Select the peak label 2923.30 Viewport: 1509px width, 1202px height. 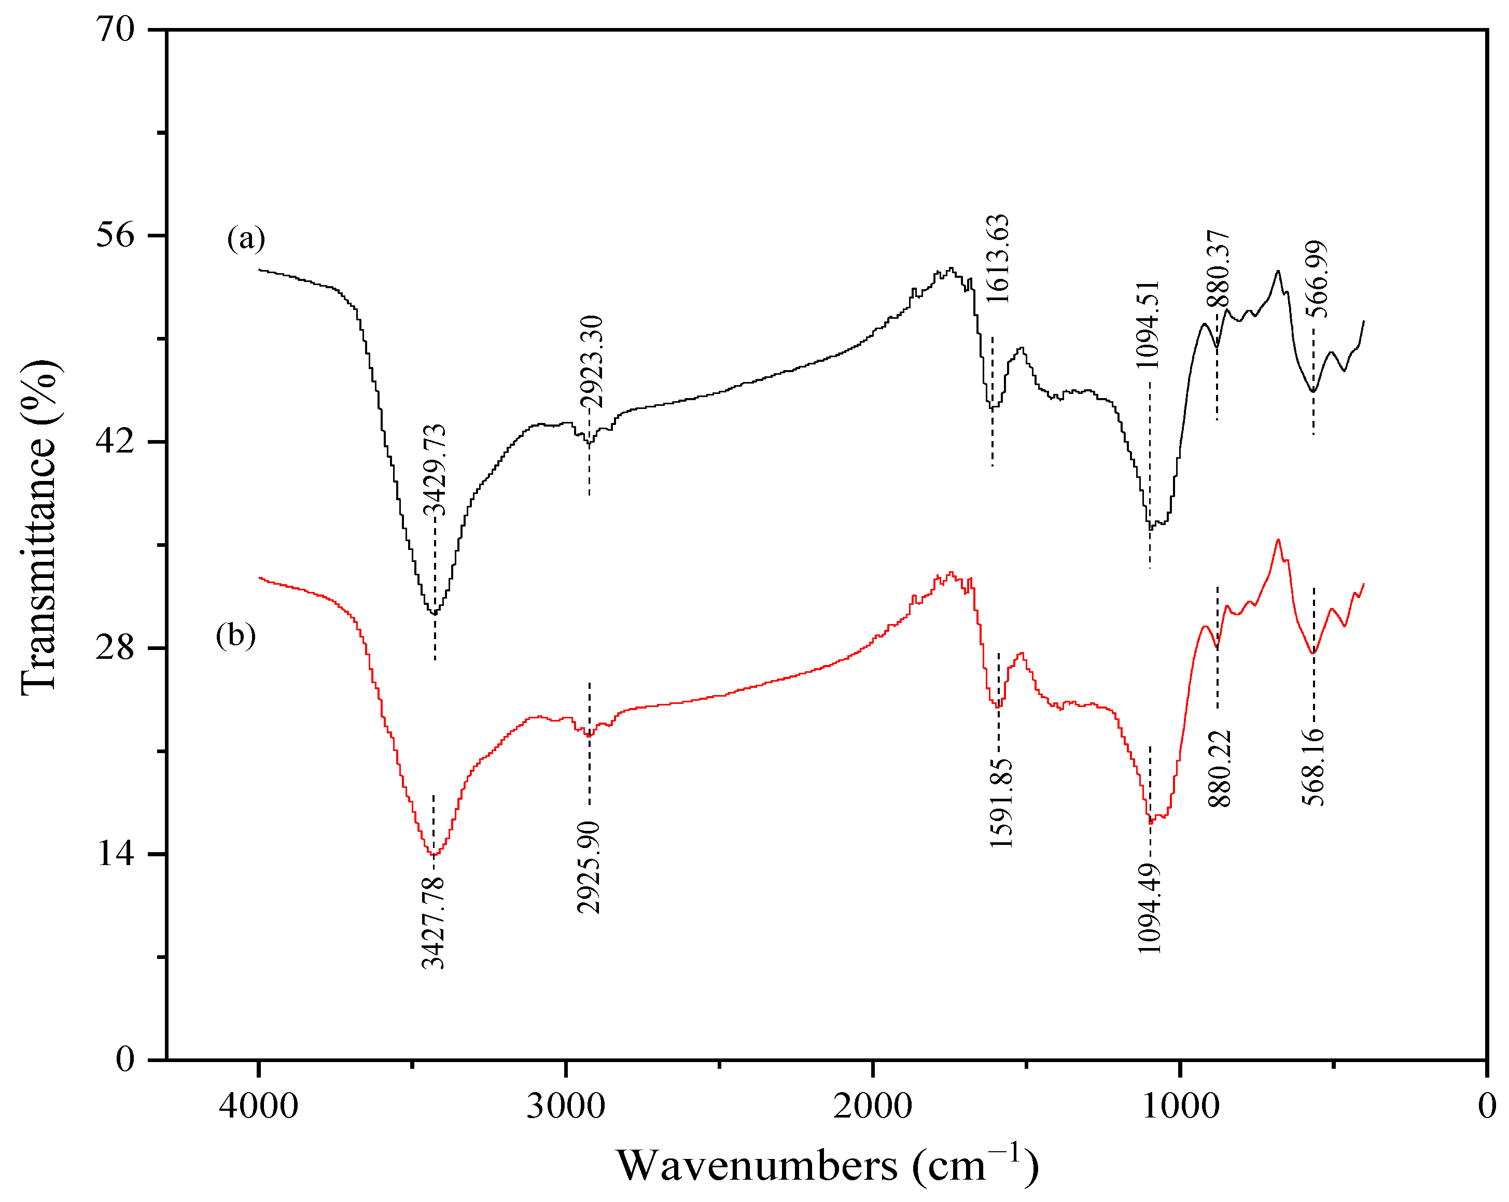pos(591,362)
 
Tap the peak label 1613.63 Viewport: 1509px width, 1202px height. pos(997,259)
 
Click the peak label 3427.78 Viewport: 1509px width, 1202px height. pos(432,922)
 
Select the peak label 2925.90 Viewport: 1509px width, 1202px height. pos(589,868)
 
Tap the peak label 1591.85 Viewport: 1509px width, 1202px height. pos(1001,803)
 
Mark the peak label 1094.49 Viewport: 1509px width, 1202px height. pos(1149,908)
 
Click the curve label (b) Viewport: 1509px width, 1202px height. pos(235,635)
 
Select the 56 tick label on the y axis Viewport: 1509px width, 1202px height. pos(115,235)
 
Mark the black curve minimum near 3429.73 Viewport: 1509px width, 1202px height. pos(434,614)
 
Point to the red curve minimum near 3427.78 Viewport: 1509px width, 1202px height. pos(433,855)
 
